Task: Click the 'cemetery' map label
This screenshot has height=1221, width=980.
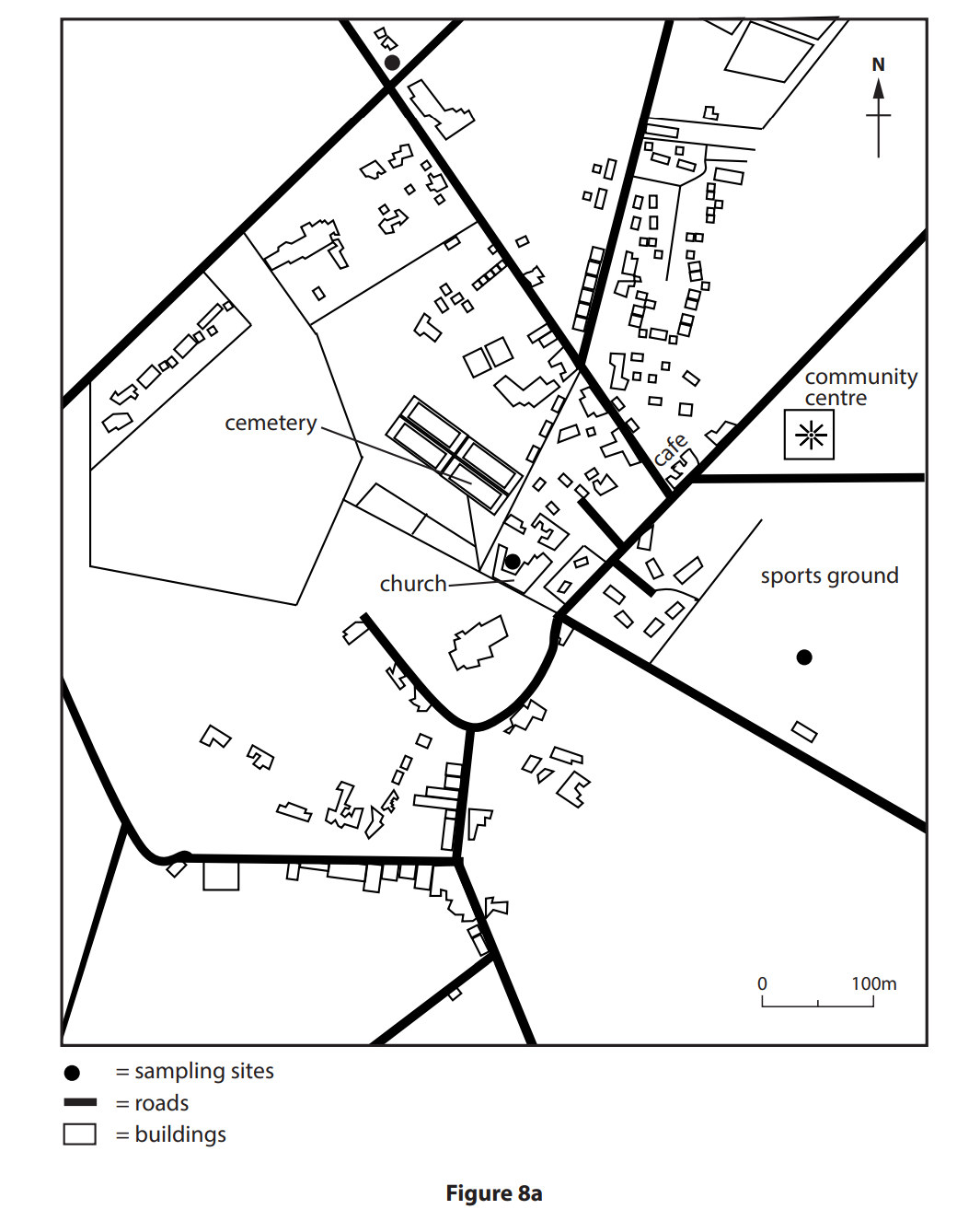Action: tap(271, 423)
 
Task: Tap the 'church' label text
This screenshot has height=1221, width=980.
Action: tap(413, 584)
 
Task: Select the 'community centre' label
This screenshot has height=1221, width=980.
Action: tap(859, 387)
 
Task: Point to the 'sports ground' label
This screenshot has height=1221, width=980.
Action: tap(829, 576)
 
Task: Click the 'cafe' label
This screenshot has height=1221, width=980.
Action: tap(671, 450)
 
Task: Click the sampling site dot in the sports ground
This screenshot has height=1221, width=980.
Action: tap(804, 657)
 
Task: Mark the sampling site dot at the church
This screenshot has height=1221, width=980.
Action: tap(513, 561)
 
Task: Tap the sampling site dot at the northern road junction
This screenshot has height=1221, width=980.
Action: tap(392, 63)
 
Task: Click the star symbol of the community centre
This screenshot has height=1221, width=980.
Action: tap(810, 435)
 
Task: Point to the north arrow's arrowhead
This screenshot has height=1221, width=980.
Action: tap(879, 88)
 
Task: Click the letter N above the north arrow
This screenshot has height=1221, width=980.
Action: tap(878, 64)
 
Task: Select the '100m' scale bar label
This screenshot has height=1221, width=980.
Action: tap(873, 983)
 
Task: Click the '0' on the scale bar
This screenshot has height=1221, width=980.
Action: tap(762, 983)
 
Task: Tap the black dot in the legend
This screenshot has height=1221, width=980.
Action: tap(72, 1073)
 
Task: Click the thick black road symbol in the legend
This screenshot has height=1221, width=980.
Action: tap(80, 1102)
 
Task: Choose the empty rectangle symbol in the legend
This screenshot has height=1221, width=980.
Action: tap(80, 1134)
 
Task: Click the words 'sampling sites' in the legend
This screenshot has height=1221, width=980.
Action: tap(204, 1071)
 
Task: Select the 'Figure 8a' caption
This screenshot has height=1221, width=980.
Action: tap(494, 1193)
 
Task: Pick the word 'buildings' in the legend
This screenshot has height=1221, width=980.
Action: tap(180, 1134)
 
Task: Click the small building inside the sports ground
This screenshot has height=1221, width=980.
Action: tap(805, 732)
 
